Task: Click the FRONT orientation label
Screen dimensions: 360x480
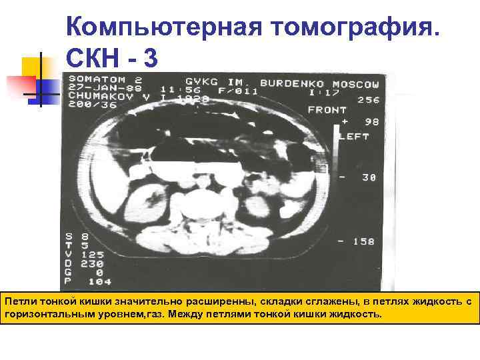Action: point(327,110)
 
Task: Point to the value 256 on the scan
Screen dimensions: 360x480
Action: point(367,100)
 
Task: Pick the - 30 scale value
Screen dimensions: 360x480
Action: point(360,177)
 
